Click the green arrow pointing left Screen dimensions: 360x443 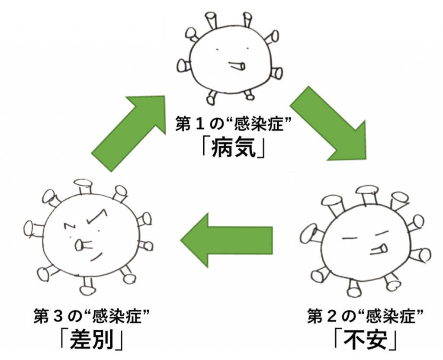[x=226, y=240]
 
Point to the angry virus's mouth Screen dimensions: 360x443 [x=80, y=246]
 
